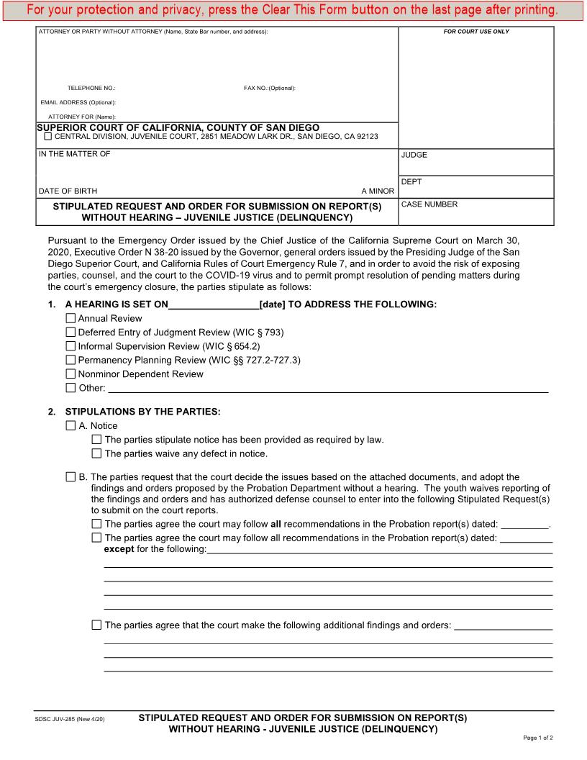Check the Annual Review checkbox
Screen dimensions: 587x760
[70, 318]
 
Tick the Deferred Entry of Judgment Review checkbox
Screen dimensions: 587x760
[70, 332]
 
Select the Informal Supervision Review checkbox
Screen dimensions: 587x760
[70, 346]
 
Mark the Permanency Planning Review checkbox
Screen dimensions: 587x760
[70, 360]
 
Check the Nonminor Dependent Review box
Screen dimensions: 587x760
[70, 374]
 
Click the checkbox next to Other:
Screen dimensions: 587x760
[70, 388]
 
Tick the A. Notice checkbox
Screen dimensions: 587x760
[70, 426]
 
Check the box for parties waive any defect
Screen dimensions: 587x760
[97, 453]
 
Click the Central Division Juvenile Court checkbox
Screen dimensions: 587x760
[48, 136]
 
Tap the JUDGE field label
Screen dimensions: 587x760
[414, 155]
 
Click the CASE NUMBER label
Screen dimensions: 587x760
[429, 204]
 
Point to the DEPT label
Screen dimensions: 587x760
[411, 182]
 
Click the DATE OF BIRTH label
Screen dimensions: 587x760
[68, 191]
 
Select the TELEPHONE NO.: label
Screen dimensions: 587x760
[91, 88]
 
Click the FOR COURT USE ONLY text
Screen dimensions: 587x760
[476, 32]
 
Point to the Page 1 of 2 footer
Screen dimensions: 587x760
[537, 738]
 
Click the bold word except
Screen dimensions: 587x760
[119, 549]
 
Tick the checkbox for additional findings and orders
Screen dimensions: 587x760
[97, 625]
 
